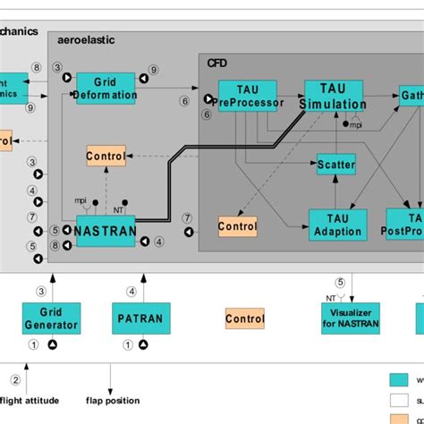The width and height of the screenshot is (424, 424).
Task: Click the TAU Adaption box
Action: (x=337, y=225)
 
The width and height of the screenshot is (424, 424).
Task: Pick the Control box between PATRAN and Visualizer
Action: (x=244, y=318)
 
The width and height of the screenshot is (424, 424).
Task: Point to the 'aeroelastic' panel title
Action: (x=86, y=40)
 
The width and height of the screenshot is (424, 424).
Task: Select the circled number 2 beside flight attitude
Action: (x=14, y=380)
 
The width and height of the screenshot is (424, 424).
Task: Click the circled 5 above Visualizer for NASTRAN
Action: (x=339, y=283)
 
